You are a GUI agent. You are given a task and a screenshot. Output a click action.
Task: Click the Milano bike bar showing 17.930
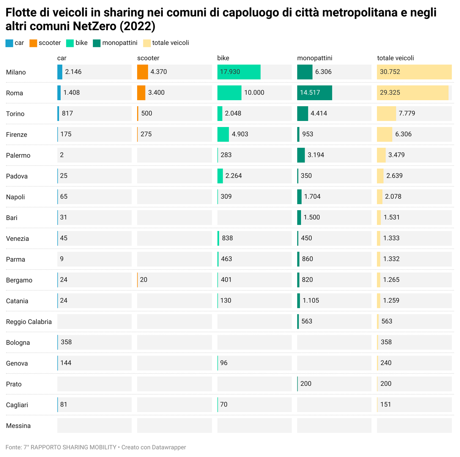239,72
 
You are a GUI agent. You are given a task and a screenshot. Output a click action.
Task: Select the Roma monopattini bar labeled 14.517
314,93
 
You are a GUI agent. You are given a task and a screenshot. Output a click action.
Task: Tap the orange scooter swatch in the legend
33,43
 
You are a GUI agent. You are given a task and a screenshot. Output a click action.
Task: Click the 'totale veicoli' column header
395,58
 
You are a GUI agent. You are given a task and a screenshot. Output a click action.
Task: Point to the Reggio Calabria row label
29,322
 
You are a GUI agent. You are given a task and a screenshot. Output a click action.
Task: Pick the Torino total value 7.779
407,113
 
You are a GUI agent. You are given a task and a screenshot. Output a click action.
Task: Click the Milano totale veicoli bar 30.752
414,72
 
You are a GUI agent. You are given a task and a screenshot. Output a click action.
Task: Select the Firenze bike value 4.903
240,134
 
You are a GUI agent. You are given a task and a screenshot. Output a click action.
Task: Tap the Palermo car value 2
62,155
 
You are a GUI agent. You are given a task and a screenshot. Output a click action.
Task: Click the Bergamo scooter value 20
144,280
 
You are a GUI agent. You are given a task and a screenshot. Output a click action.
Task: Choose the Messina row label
18,426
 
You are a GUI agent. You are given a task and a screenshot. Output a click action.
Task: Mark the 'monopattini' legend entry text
120,43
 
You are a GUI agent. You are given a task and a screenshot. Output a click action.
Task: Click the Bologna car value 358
66,342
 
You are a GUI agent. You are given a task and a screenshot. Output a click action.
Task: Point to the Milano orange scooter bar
142,72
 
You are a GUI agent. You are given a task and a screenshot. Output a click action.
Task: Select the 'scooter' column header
148,58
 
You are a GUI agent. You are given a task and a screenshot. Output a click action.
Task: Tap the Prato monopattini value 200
306,384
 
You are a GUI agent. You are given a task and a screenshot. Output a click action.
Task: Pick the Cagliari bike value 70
224,404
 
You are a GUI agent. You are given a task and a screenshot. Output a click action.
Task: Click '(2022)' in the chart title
137,26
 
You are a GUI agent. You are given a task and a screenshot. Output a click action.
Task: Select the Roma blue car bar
59,93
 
